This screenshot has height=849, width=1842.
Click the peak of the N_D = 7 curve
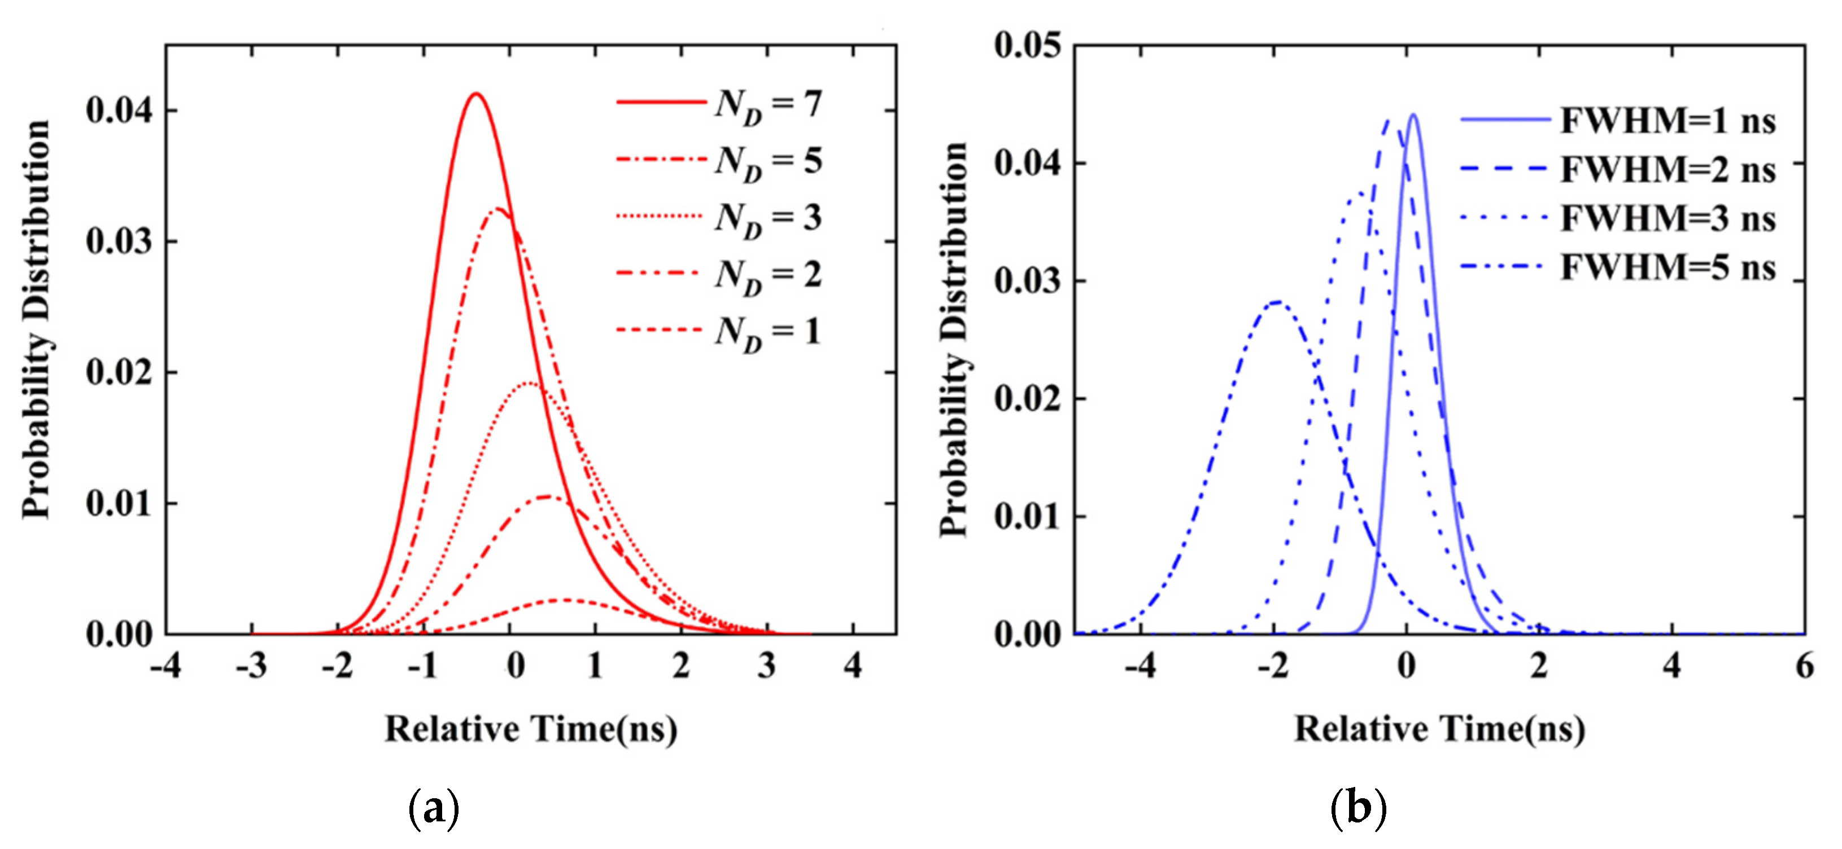[475, 94]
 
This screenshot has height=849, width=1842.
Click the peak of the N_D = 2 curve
[547, 496]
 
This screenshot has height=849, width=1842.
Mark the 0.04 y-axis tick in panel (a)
[119, 111]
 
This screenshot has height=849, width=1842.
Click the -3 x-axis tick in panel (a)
[252, 666]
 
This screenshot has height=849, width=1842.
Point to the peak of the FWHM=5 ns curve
[1277, 302]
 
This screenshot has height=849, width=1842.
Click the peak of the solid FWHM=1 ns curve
[1413, 115]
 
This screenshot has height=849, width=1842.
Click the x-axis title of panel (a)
[531, 729]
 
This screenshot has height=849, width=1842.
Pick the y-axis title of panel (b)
[953, 340]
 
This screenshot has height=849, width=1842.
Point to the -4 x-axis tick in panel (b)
[1141, 666]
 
